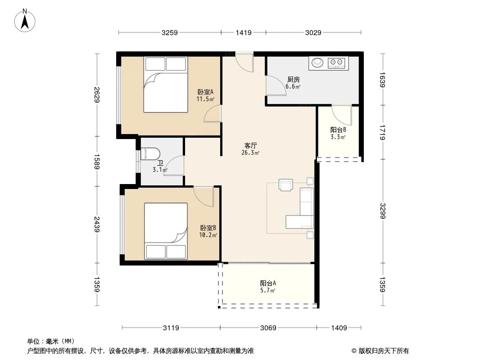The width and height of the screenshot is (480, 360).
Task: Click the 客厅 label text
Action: coord(250,146)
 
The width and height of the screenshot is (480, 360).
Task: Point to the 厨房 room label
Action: coord(294,80)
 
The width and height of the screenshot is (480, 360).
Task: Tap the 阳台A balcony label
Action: coord(267,283)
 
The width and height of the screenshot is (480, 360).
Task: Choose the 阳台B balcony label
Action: coord(338,130)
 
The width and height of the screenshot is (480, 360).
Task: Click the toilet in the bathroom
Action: coord(150,154)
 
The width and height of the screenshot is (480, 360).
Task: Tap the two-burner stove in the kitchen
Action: coord(337,63)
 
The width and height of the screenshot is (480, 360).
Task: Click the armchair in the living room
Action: coord(286,184)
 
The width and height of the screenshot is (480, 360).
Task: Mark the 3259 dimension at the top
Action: coord(170,32)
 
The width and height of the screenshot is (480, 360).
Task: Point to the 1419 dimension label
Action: coord(243,32)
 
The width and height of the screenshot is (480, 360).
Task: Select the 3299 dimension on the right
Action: coord(382,211)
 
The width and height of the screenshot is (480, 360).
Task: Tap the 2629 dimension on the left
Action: coord(96,95)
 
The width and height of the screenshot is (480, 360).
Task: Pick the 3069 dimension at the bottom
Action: coord(268,328)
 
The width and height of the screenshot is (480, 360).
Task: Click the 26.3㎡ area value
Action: coord(250,153)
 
